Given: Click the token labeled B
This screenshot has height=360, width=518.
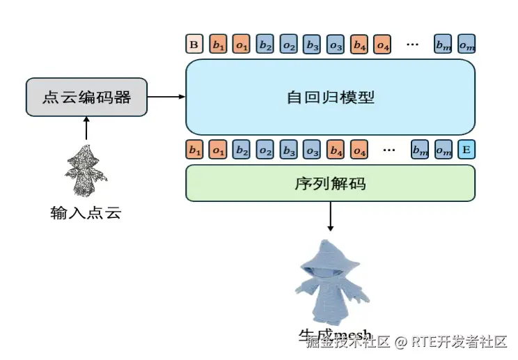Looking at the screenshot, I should pos(194,45).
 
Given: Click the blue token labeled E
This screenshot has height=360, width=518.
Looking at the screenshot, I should pos(466,149).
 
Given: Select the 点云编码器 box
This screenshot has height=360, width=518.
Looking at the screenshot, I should pos(86,97).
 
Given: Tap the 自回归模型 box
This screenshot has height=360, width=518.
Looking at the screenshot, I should pos(330,97).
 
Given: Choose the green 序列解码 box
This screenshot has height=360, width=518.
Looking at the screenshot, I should pos(330,184).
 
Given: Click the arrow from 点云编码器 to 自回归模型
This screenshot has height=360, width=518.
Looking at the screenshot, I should pos(166,97).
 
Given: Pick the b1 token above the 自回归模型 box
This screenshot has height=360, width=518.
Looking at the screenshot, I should pos(218,45).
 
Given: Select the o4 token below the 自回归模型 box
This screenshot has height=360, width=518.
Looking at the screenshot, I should pos(359,149).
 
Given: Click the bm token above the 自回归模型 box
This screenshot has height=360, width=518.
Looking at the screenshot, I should pos(443,45).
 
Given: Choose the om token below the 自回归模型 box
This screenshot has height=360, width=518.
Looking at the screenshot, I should pos(443,149).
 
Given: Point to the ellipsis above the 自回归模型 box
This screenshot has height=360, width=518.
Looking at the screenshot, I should pos(412,45).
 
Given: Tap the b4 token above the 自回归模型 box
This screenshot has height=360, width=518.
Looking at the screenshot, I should pos(359,45).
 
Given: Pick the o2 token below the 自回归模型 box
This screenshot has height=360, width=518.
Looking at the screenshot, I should pos(265,149).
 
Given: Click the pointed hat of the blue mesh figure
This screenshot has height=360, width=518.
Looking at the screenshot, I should pos(326,249).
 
